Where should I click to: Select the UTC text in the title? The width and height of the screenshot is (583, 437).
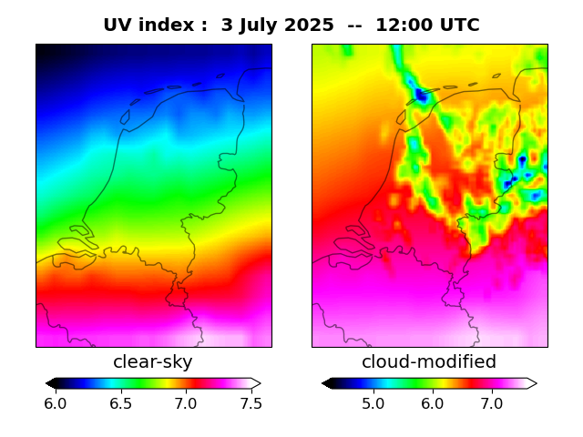[456, 25]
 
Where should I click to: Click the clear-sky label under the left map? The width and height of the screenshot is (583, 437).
[153, 362]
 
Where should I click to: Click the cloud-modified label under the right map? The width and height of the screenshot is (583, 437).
[429, 362]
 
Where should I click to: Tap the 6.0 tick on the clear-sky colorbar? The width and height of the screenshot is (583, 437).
[56, 403]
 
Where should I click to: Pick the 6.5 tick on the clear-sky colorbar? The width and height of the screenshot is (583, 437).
[120, 403]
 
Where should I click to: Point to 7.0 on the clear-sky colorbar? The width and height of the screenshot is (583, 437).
[186, 403]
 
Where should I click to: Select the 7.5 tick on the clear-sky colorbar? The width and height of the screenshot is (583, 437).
[251, 403]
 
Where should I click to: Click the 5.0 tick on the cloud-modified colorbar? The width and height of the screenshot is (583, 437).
[373, 403]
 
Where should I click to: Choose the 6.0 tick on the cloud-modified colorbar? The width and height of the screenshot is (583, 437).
[432, 403]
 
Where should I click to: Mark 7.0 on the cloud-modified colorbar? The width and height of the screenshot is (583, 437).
[492, 403]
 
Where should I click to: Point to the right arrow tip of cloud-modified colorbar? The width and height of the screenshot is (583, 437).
[536, 383]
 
